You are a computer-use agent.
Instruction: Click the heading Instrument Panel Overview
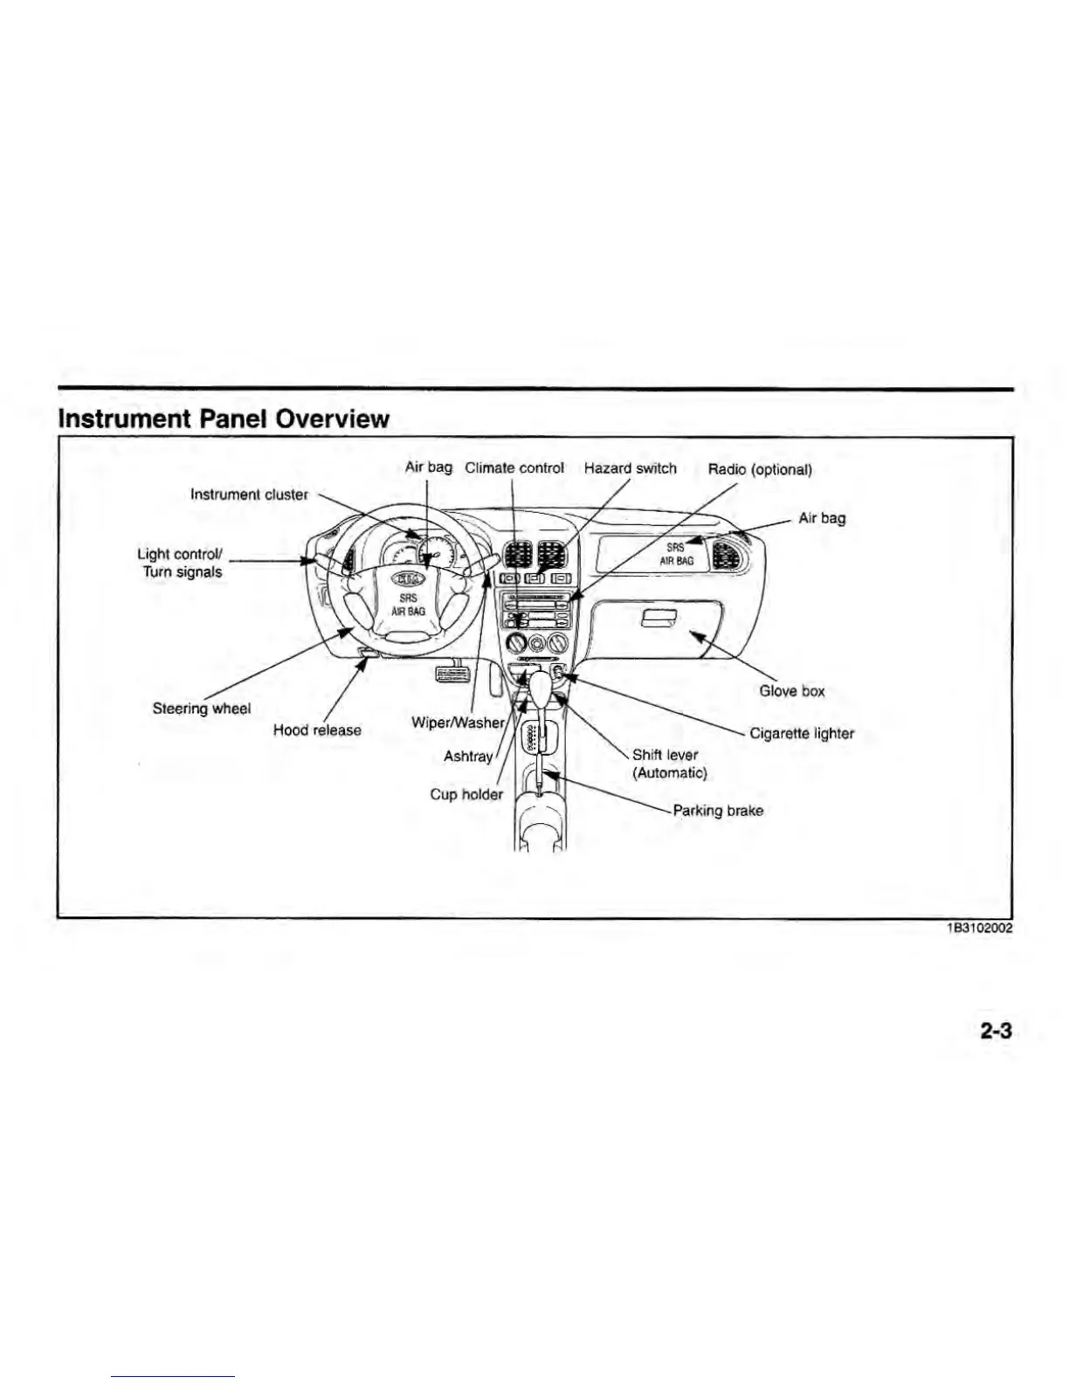[x=223, y=419]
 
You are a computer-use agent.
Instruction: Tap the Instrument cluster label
[x=249, y=495]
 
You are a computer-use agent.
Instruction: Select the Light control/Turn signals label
[x=181, y=564]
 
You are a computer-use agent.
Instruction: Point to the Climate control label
[x=514, y=468]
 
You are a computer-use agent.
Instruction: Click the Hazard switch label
[x=630, y=468]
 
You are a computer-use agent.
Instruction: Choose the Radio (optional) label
[x=760, y=470]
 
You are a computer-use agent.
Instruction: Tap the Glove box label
[x=791, y=691]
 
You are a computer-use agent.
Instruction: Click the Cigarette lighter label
[x=802, y=734]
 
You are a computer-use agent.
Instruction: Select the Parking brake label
[x=718, y=811]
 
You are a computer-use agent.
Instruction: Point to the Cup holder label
[x=466, y=794]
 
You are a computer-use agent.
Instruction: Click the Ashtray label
[x=468, y=757]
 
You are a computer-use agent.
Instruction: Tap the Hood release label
[x=317, y=730]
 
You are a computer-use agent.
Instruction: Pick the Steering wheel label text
[x=202, y=709]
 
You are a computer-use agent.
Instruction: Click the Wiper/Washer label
[x=458, y=723]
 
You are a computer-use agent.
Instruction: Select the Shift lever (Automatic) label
[x=668, y=764]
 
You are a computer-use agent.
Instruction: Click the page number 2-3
[x=995, y=1031]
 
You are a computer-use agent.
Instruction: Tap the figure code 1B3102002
[x=979, y=929]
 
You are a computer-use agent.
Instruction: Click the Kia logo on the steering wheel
[x=408, y=578]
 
